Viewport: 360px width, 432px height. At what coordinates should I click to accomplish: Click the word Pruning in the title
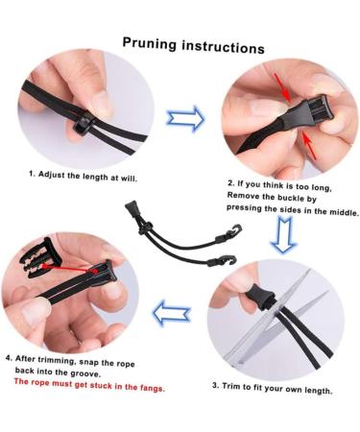150,43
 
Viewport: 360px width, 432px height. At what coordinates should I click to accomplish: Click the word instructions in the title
223,47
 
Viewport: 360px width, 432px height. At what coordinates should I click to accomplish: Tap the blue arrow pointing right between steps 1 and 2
185,118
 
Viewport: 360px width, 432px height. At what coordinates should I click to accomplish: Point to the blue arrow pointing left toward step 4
172,313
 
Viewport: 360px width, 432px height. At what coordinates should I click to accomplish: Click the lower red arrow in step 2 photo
310,147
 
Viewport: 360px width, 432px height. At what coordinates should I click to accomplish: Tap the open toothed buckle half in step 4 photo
39,257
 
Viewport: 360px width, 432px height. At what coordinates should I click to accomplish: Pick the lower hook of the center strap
222,260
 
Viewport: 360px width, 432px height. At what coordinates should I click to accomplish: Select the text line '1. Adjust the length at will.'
83,176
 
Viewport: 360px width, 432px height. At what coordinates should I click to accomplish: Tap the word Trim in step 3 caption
230,386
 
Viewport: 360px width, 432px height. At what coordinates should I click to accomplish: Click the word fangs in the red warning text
152,388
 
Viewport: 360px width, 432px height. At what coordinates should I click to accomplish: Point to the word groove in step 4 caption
84,372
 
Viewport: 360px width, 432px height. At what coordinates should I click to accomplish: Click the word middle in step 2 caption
344,212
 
